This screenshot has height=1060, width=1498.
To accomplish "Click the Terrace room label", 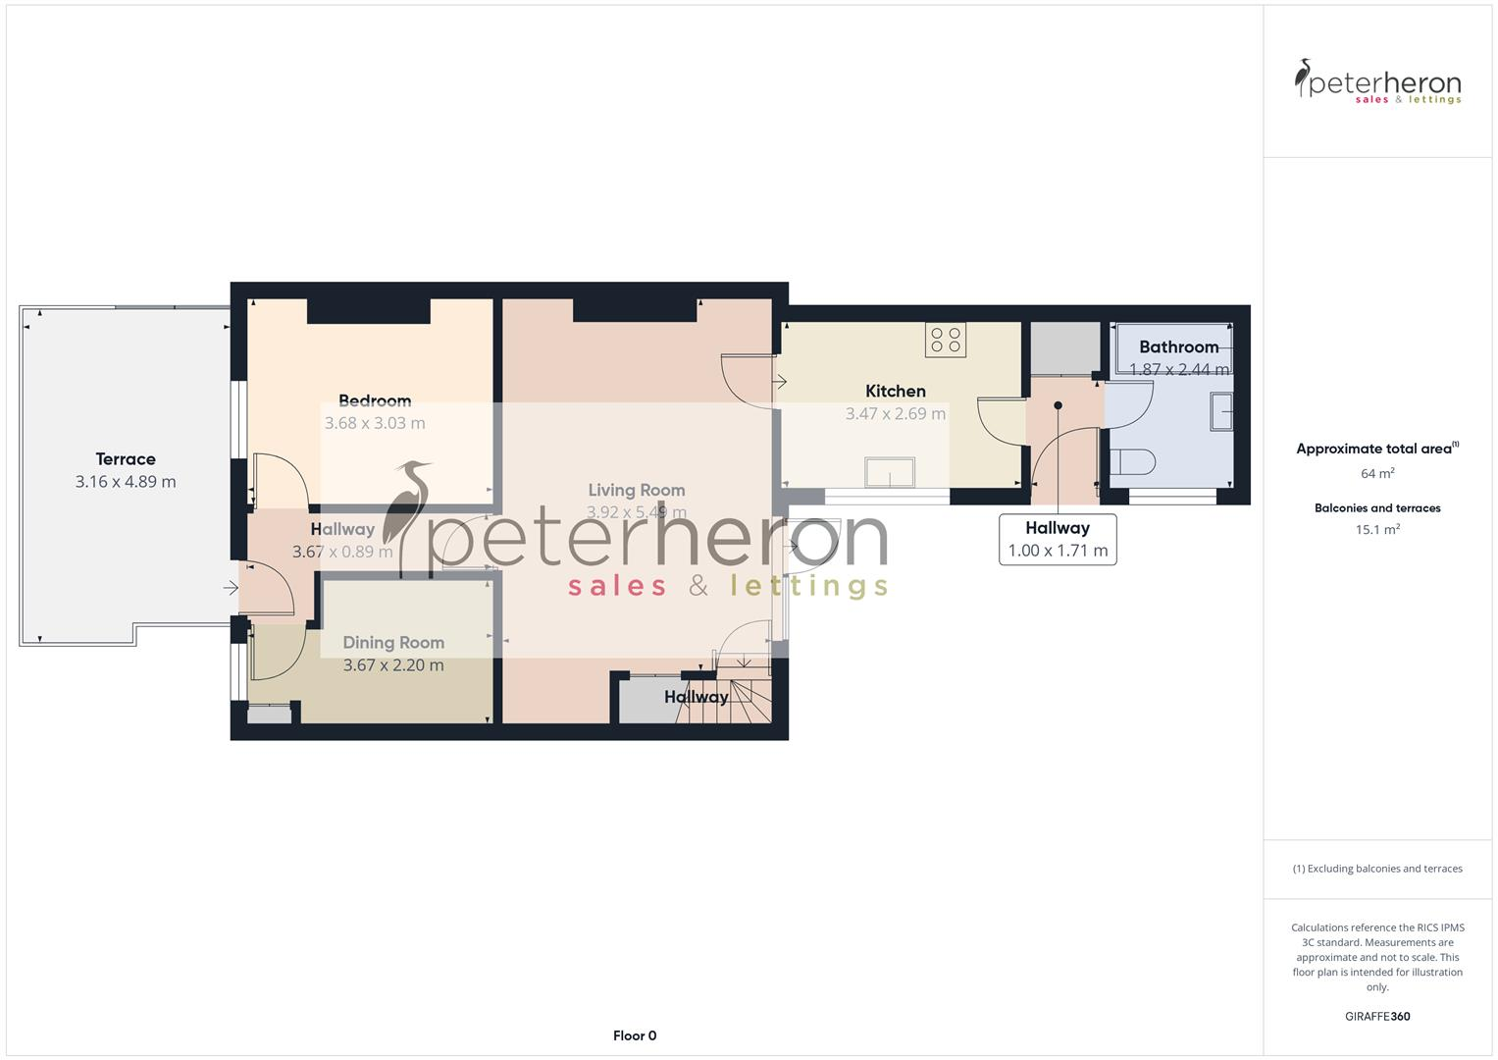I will pos(126,458).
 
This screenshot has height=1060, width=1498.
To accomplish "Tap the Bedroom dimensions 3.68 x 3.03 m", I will pos(375,423).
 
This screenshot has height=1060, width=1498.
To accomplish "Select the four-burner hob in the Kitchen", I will pos(946,340).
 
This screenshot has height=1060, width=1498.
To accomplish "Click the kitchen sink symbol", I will pos(890,472).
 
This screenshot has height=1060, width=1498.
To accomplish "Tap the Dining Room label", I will pos(393,642).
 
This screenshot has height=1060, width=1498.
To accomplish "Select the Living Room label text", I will pos(637,490).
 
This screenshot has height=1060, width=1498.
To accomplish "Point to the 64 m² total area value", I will pos(1377,473).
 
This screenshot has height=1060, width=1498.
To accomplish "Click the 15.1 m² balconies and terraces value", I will pos(1377,529).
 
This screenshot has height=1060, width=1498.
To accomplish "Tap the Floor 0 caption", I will pos(635,1035).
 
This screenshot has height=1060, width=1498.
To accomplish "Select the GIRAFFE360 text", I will pos(1377,1016).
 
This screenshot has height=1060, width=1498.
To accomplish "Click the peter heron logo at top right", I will pos(1377,82).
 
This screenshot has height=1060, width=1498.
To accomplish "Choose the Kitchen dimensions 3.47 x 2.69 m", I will pos(896,413).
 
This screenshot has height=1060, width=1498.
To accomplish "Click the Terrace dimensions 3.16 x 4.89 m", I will pos(126,481).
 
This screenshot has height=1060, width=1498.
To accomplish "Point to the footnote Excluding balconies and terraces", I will pos(1377,869).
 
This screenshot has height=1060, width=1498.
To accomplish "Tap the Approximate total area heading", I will pos(1375,449).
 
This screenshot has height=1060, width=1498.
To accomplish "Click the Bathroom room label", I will pos(1178,346).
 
